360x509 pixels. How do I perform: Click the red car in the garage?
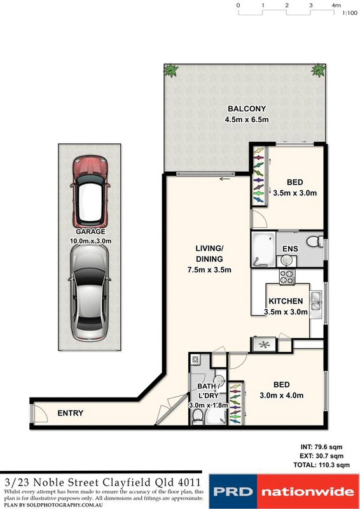tap(91, 190)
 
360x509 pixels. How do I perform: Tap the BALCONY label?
tap(245, 109)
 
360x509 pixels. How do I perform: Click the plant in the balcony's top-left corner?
tap(171, 71)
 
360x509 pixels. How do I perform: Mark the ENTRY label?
tap(71, 413)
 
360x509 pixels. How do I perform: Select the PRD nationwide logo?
tap(283, 491)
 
